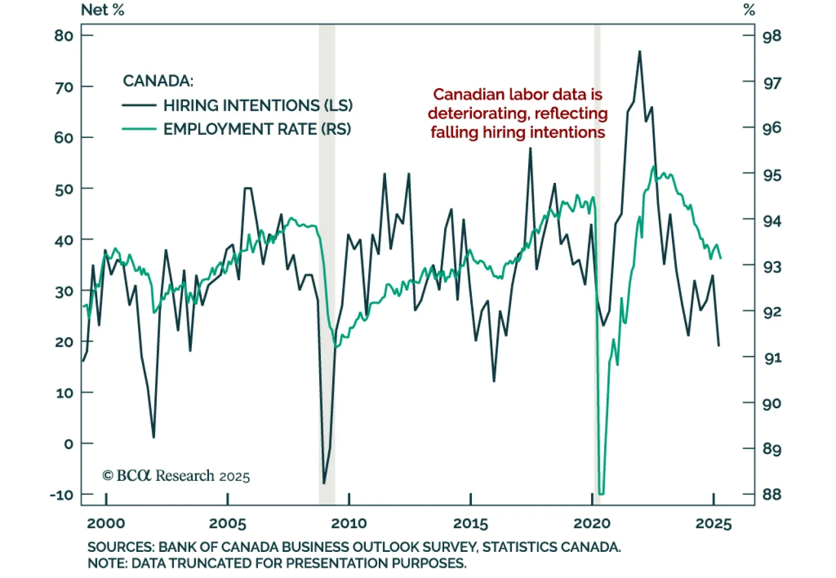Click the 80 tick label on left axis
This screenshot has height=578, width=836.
64,36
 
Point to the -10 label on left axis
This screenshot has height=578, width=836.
62,494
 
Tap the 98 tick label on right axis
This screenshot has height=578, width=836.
772,36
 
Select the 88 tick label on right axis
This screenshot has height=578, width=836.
772,494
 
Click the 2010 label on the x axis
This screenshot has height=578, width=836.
349,523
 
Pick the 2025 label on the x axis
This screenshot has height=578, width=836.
713,523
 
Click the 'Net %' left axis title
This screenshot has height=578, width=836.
102,10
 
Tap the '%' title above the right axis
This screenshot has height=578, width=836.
749,10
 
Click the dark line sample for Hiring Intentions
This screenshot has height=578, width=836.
139,106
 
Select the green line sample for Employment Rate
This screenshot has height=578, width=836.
139,129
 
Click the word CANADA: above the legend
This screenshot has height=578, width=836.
158,81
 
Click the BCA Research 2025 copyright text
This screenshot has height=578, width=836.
176,476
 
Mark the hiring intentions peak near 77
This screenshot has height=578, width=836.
640,51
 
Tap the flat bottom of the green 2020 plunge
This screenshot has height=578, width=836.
601,493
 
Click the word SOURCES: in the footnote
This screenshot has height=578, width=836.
120,547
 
